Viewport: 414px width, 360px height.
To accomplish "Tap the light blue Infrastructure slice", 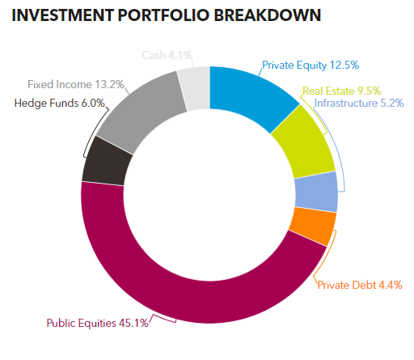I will pyautogui.click(x=315, y=192).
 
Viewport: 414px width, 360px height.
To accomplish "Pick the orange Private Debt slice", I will pyautogui.click(x=311, y=227).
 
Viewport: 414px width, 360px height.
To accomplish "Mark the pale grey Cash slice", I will pyautogui.click(x=195, y=85).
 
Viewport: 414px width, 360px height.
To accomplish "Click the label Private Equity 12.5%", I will pyautogui.click(x=310, y=65).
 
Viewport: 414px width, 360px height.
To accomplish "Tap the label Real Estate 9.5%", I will pyautogui.click(x=341, y=91).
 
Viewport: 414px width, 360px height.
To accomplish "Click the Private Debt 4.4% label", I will pyautogui.click(x=359, y=285).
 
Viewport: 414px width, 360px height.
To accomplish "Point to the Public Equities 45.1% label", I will pyautogui.click(x=96, y=324).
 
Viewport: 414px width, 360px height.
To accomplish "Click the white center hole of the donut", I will pyautogui.click(x=209, y=194).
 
